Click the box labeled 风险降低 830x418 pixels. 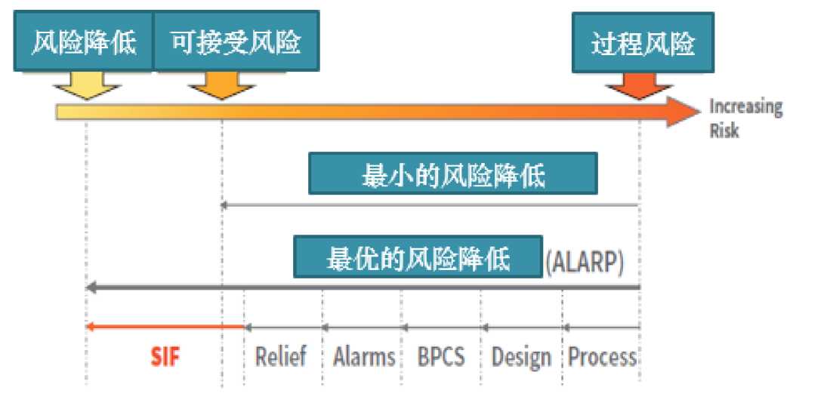tap(84, 41)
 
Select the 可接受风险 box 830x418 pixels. tap(236, 41)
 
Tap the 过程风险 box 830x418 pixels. tap(643, 43)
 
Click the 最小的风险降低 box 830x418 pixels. tap(453, 174)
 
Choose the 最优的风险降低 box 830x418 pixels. tap(418, 257)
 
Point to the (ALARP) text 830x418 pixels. tap(585, 261)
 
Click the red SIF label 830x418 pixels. tap(165, 357)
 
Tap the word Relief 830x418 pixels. tap(280, 356)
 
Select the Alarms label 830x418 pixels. tap(364, 356)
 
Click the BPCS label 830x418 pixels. tap(441, 356)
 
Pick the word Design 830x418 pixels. tap(521, 358)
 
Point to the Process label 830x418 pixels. tap(602, 356)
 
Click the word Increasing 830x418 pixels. tap(746, 107)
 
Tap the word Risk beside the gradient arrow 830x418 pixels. tap(724, 131)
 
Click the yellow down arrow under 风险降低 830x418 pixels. tap(87, 85)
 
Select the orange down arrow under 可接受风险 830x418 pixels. tap(222, 85)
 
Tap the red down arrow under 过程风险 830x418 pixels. tap(639, 86)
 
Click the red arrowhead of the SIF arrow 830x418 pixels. tap(89, 327)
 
